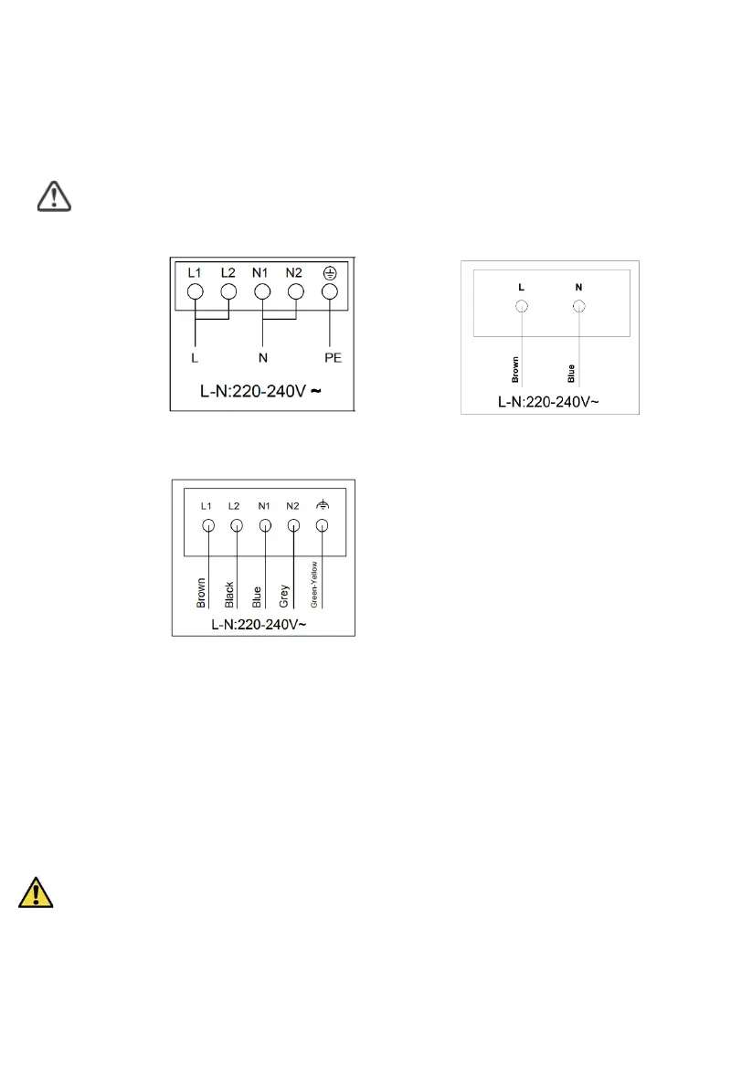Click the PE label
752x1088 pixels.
click(x=333, y=358)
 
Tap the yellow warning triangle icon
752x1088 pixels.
click(x=36, y=892)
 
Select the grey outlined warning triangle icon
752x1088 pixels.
click(x=54, y=196)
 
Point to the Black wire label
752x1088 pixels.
click(x=229, y=595)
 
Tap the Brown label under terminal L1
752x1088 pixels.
click(x=201, y=593)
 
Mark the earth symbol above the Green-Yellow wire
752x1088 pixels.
click(x=322, y=504)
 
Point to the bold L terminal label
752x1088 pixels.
click(x=521, y=287)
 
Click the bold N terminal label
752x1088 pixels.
click(x=578, y=287)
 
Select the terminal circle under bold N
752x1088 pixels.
click(x=578, y=308)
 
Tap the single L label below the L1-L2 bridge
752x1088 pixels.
click(x=195, y=358)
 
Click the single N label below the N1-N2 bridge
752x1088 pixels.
click(x=262, y=358)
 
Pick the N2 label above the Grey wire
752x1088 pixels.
click(x=292, y=505)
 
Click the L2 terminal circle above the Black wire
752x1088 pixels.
click(x=236, y=525)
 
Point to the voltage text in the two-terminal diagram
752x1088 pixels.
click(x=549, y=401)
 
